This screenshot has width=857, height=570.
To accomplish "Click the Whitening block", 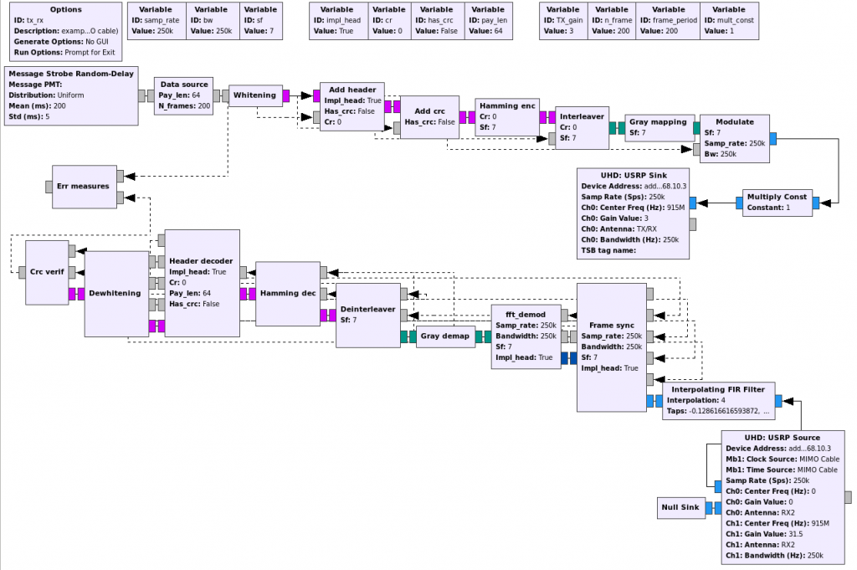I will point(254,95).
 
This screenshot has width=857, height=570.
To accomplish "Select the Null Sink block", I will point(681,507).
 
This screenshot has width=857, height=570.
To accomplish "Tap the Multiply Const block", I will point(777,203).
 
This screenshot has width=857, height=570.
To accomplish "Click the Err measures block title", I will point(83,186).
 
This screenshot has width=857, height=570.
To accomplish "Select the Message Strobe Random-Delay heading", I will point(70,73).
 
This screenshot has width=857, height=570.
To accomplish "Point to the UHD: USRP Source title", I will point(783,437).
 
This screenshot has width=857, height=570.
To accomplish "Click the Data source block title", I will point(183,85).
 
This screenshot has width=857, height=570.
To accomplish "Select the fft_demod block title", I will point(526,315).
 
